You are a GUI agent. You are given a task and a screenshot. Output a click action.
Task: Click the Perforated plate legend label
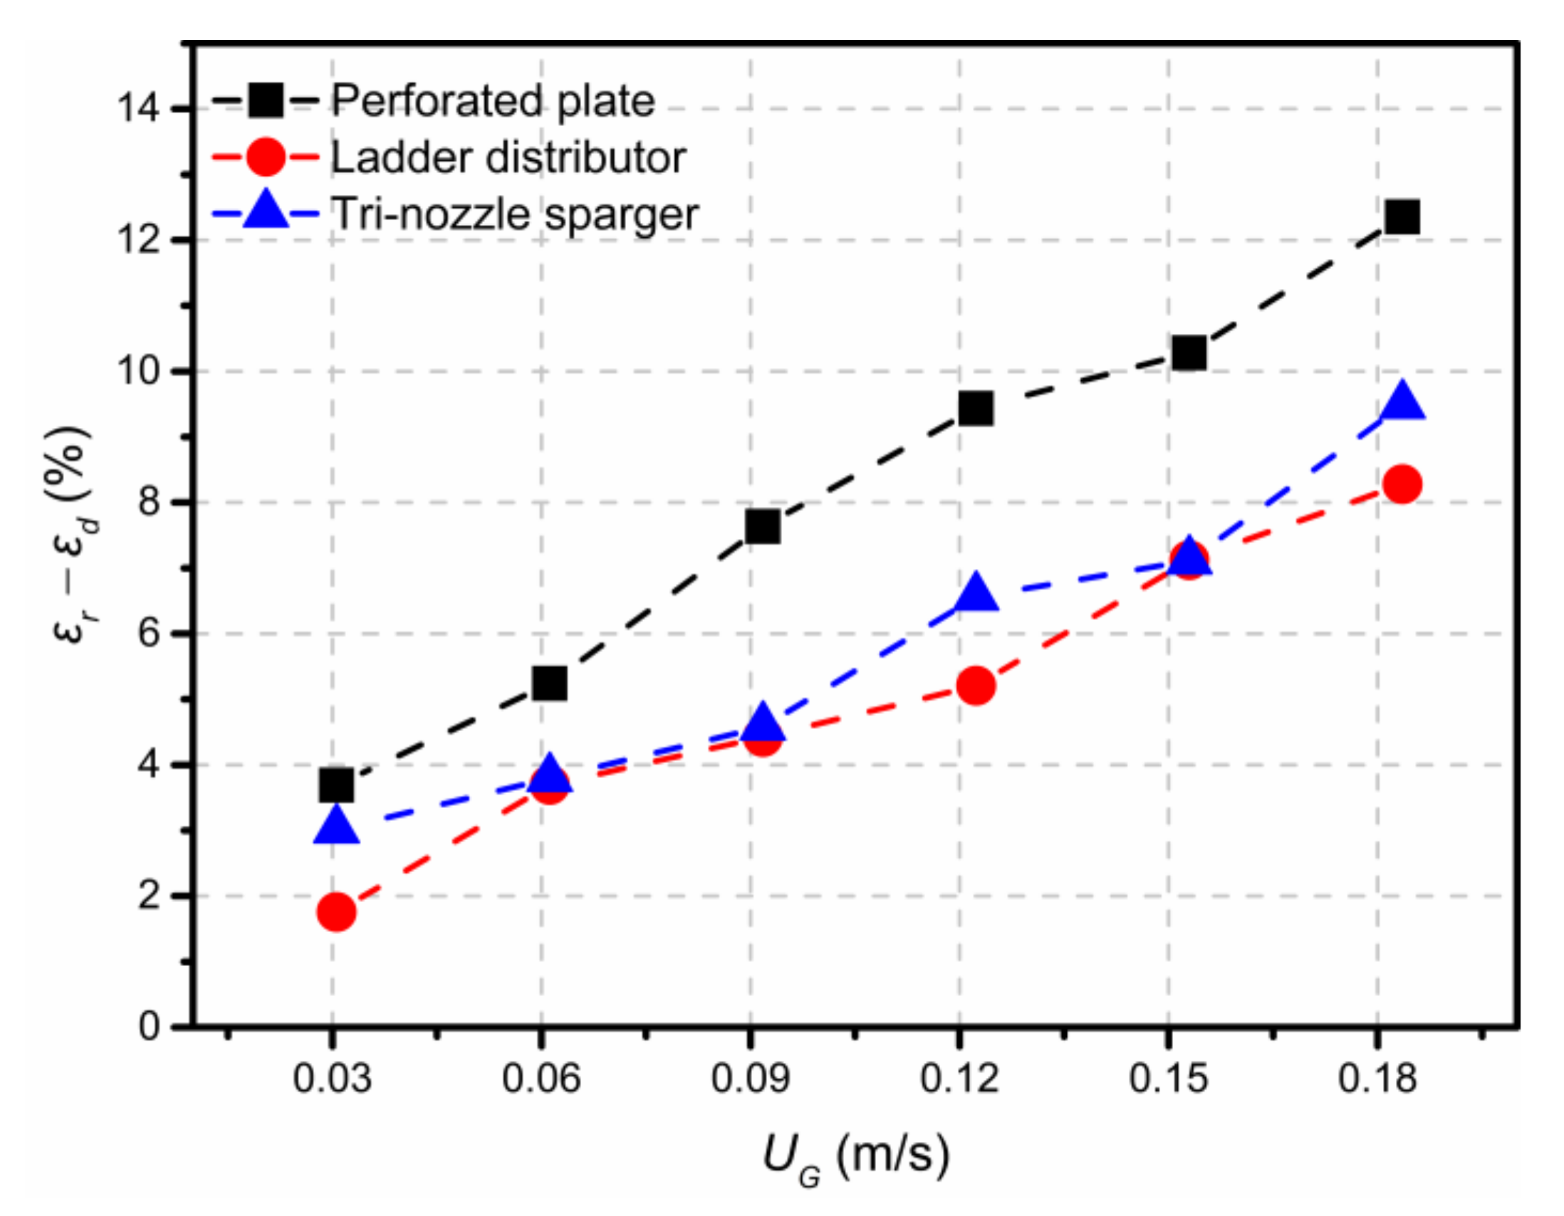[493, 101]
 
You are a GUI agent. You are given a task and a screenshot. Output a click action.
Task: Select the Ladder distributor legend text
[508, 157]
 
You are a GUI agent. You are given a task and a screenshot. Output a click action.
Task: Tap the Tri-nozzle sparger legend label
[514, 214]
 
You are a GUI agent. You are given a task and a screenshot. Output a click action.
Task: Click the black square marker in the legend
[266, 101]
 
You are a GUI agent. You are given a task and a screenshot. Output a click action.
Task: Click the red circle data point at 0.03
[337, 912]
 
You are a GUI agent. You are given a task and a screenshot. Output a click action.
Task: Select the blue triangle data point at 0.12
[976, 591]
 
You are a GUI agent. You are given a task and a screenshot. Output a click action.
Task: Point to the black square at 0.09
[762, 528]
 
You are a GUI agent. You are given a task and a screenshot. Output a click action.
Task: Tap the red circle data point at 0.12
[975, 686]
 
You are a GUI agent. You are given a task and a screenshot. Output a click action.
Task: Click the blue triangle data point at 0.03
[337, 825]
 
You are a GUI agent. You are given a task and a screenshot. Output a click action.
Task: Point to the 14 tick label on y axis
[139, 110]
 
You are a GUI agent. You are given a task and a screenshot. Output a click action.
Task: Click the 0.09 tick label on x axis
[750, 1078]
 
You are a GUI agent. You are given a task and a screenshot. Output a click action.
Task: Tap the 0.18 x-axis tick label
[1377, 1078]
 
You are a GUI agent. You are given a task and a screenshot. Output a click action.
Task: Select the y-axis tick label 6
[149, 634]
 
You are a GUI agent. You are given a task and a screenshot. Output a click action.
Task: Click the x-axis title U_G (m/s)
[856, 1156]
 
